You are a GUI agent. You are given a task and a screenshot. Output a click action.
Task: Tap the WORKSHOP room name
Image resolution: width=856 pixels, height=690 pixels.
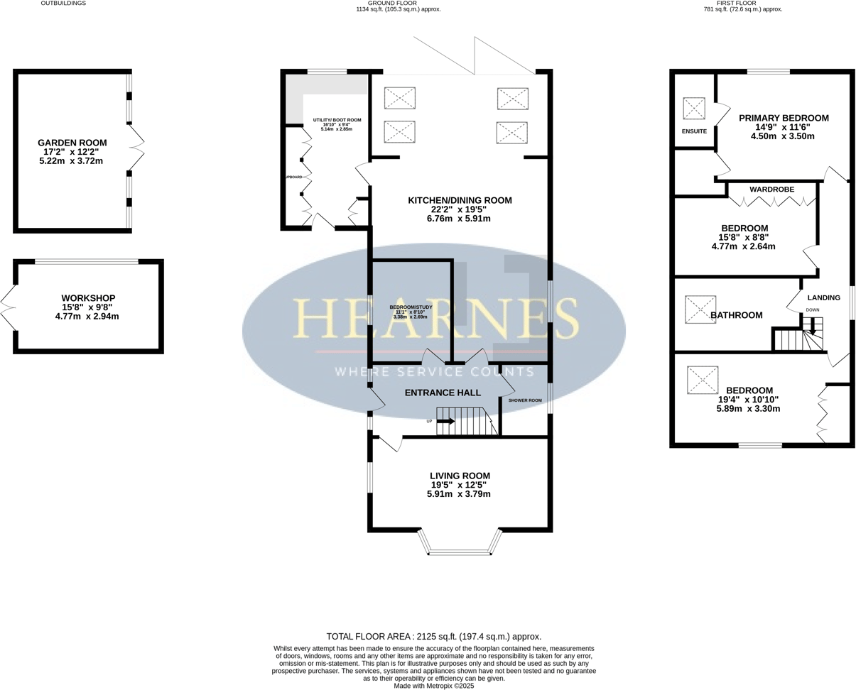(x=88, y=298)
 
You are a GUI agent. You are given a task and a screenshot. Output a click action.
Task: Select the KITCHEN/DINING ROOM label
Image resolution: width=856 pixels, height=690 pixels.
(x=459, y=201)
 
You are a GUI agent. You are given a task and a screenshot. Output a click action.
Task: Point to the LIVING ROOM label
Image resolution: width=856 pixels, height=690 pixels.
(x=459, y=476)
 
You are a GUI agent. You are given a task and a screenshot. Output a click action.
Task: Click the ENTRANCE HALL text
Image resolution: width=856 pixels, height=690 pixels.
(x=442, y=393)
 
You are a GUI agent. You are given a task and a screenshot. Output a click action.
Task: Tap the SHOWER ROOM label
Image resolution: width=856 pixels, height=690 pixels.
(x=525, y=400)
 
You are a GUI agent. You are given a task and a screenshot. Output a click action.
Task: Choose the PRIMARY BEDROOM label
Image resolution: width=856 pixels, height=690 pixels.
(x=784, y=118)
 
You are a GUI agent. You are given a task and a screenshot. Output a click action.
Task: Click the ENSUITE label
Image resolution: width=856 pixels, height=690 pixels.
(x=694, y=131)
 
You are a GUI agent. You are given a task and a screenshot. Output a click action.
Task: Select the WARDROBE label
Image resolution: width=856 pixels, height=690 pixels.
(x=772, y=189)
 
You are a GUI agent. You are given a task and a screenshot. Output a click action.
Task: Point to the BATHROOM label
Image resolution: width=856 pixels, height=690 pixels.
(x=737, y=315)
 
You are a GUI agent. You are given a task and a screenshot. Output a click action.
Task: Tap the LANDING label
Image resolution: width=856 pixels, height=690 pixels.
(x=823, y=297)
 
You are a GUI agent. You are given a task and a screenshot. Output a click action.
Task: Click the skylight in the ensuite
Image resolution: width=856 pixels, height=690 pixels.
(x=693, y=109)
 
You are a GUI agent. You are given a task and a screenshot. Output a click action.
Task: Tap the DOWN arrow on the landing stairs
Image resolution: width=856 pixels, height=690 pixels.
(x=813, y=327)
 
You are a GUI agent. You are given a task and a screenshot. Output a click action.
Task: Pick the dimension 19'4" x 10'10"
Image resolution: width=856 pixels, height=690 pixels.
(x=749, y=399)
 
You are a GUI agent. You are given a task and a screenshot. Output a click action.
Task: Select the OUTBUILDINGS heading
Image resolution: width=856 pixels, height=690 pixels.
(x=63, y=4)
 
